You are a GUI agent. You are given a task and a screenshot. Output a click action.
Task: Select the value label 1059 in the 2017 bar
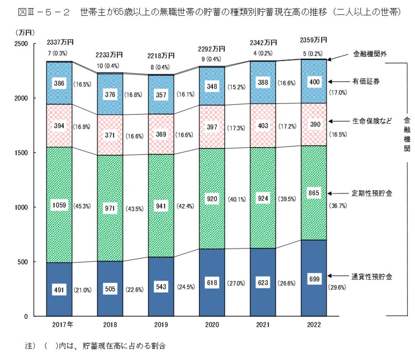(x=59, y=206)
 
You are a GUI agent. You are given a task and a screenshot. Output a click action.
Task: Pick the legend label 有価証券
(x=366, y=82)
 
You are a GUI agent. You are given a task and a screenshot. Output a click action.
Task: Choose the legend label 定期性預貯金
(x=373, y=193)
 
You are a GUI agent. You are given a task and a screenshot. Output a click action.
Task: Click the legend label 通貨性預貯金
(x=373, y=276)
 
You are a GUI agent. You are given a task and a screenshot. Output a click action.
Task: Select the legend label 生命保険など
(x=372, y=120)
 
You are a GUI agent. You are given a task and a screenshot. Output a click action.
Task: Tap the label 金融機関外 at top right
(x=370, y=53)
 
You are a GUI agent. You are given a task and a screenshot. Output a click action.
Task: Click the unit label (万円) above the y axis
(x=23, y=32)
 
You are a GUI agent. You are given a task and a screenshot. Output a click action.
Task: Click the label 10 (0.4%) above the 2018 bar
(x=110, y=65)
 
